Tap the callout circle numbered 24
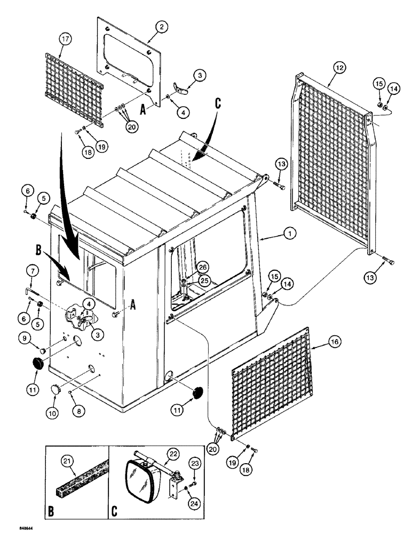point(194,488)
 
